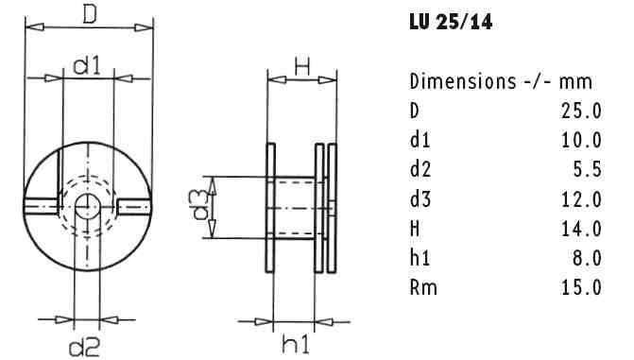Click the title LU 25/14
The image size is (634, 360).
[x=449, y=20]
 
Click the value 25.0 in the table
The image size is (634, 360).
[x=582, y=111]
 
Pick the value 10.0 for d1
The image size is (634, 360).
[x=582, y=140]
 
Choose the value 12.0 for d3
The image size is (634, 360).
[x=582, y=198]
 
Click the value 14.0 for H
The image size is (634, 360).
[x=582, y=228]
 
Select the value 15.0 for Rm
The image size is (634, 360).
[x=582, y=286]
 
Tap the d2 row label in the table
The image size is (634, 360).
[x=420, y=169]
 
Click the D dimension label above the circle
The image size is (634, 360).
[x=89, y=13]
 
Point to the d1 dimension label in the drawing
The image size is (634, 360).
[x=87, y=65]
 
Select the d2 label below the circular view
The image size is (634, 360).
[x=84, y=347]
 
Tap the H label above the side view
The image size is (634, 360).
[x=301, y=65]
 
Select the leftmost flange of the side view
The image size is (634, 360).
[x=271, y=207]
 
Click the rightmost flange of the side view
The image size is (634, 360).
[x=332, y=207]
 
